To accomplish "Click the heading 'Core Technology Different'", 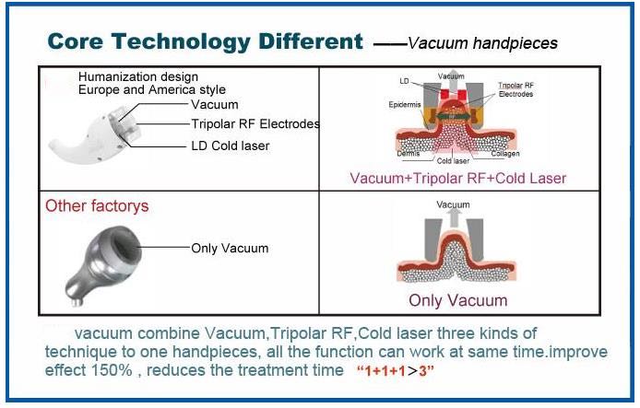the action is pos(205,42).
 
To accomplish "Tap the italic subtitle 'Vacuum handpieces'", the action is pos(483,43).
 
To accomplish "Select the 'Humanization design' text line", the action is pos(138,76).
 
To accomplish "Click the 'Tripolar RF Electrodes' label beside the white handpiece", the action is pos(255,123).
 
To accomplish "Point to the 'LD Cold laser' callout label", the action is pos(231,146).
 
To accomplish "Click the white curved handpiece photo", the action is pos(96,134).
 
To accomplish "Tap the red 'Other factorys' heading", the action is pos(97,205).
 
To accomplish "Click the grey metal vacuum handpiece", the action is pos(103,265).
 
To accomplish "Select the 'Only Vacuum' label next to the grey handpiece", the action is pos(230,249).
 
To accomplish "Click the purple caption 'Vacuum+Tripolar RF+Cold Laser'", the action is pos(458,178).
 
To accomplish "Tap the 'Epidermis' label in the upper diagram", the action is pos(405,105).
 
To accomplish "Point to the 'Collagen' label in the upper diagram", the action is pos(505,154).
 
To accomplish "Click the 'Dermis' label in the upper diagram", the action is pos(409,154).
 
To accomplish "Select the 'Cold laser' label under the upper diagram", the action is pos(453,161).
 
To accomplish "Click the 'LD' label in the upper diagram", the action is pos(404,81).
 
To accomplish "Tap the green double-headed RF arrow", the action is pos(452,117).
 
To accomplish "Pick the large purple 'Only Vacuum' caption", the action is pos(458,300).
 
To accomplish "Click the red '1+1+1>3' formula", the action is pos(395,371).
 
